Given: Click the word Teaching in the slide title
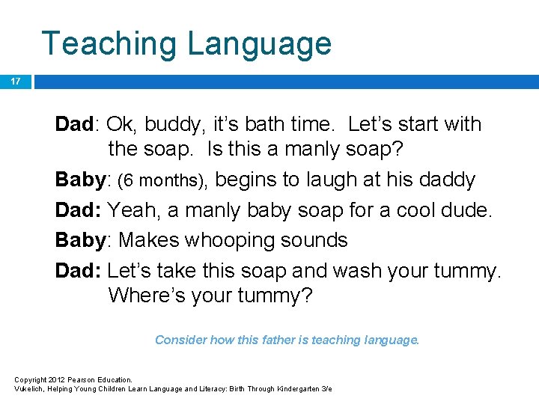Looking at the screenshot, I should pyautogui.click(x=109, y=43).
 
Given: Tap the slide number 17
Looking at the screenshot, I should pyautogui.click(x=15, y=81).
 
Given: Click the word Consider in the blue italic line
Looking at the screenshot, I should pyautogui.click(x=180, y=340).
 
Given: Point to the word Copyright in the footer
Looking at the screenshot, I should pyautogui.click(x=31, y=380).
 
